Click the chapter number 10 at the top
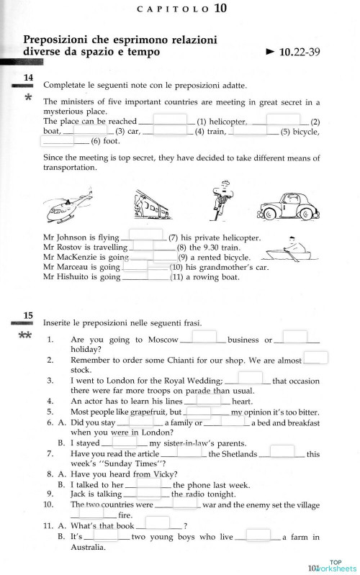[x=220, y=9]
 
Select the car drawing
[x=289, y=206]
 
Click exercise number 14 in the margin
[x=28, y=77]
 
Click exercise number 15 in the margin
[x=28, y=315]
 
